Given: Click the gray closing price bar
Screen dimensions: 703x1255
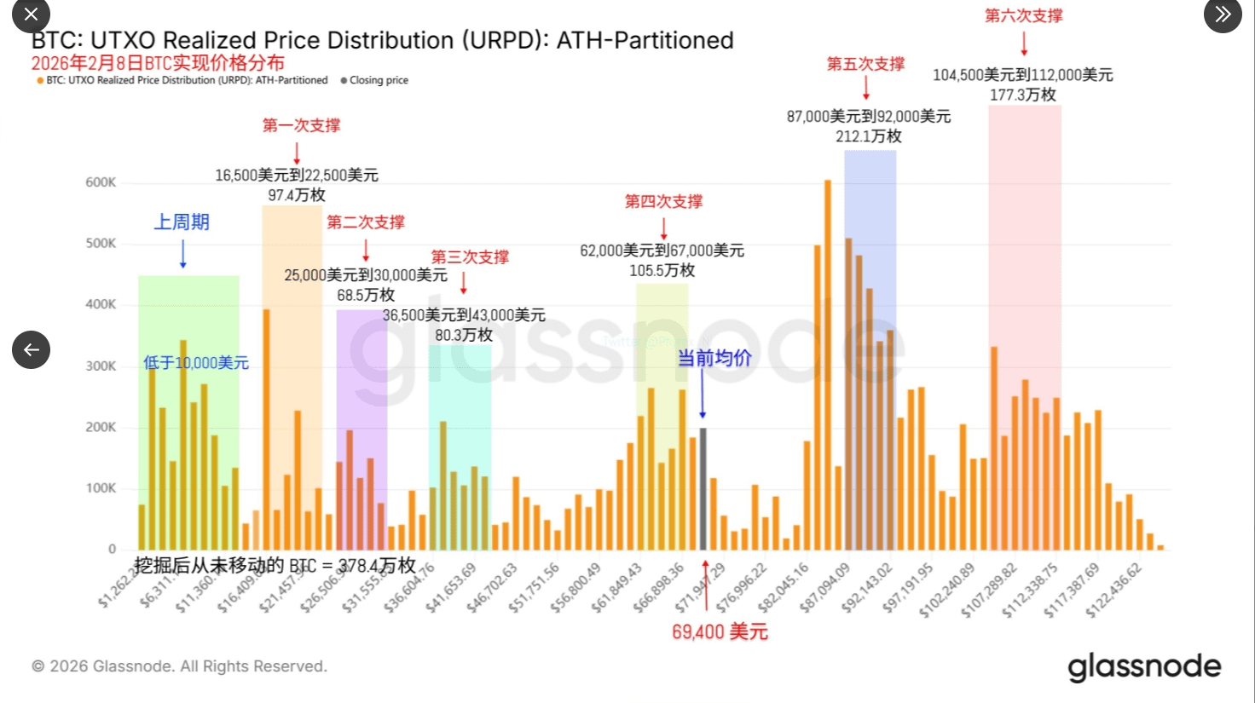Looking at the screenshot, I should click(703, 489).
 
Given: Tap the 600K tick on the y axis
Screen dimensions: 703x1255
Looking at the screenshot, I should click(101, 182).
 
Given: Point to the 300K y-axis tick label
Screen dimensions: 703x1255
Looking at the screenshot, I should click(101, 366).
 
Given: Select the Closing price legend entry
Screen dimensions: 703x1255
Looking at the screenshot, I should click(374, 80).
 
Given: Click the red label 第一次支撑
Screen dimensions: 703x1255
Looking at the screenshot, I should click(301, 125).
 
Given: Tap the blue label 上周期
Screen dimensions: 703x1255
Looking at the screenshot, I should click(182, 222).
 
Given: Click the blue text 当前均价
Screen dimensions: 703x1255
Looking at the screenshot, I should click(714, 358).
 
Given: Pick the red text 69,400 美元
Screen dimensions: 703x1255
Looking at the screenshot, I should click(720, 631).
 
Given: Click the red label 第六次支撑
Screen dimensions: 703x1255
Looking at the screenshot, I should click(1023, 15).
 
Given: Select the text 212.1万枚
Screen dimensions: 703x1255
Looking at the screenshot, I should click(868, 136).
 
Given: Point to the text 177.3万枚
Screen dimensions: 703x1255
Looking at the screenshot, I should click(1022, 95).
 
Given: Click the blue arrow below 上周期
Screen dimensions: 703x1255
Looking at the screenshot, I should click(182, 254).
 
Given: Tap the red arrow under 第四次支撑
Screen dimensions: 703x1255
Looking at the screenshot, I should click(663, 228).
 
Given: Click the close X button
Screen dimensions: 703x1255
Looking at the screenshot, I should click(31, 14).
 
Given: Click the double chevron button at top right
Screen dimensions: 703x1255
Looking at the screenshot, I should click(1223, 14).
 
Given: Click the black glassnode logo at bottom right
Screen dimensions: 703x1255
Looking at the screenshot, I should click(1144, 666).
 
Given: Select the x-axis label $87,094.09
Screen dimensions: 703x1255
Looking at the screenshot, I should click(825, 586).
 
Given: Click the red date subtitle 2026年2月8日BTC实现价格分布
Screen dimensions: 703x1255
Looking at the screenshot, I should click(158, 63).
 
